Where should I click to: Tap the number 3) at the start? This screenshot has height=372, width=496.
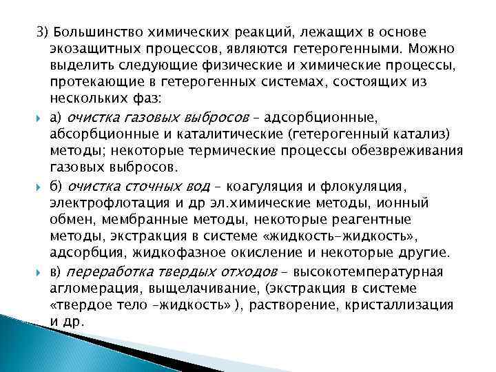[x=43, y=32]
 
